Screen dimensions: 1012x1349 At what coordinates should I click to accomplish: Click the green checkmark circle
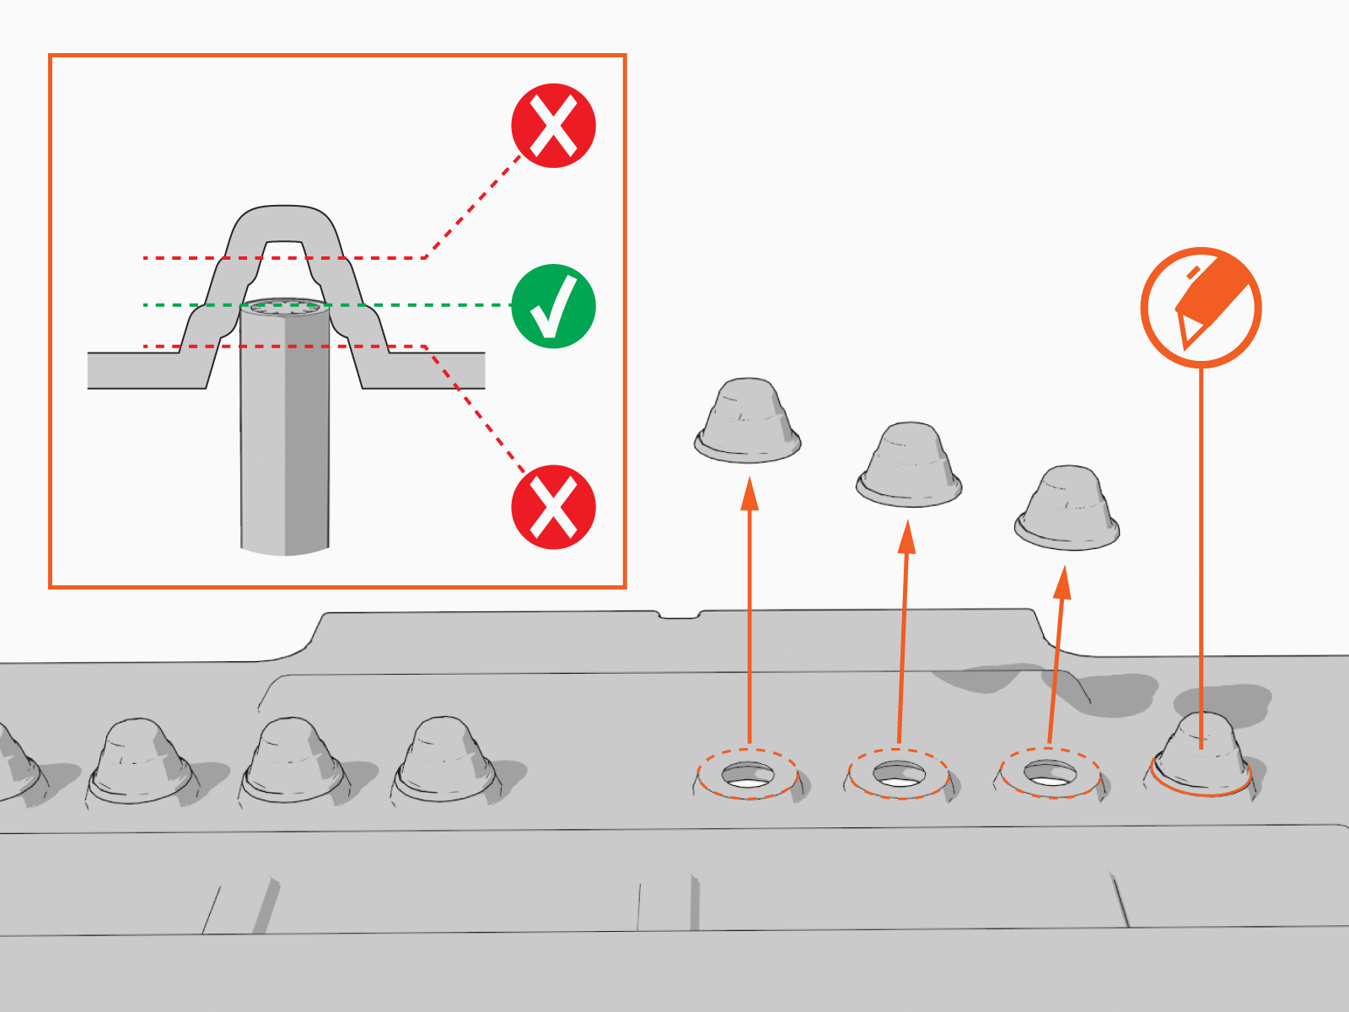[553, 306]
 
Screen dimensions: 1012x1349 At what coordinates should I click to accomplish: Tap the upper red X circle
[553, 126]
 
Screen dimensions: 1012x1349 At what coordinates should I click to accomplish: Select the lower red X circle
[553, 507]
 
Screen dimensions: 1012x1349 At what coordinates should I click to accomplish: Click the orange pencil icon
[1201, 308]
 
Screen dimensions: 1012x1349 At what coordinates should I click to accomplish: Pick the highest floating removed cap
[747, 420]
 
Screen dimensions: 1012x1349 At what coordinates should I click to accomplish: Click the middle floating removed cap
[909, 465]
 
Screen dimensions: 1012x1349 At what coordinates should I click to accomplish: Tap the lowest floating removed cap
[1067, 509]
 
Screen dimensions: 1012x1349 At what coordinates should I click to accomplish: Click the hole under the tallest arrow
[748, 775]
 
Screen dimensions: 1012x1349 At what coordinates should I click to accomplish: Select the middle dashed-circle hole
[899, 773]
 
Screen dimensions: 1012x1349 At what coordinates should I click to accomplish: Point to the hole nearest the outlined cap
[1050, 772]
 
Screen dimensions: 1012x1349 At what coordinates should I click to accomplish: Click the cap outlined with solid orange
[1201, 755]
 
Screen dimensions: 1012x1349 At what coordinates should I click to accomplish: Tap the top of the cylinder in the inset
[284, 306]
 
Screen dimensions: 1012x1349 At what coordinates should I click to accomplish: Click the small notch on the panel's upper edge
[678, 615]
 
